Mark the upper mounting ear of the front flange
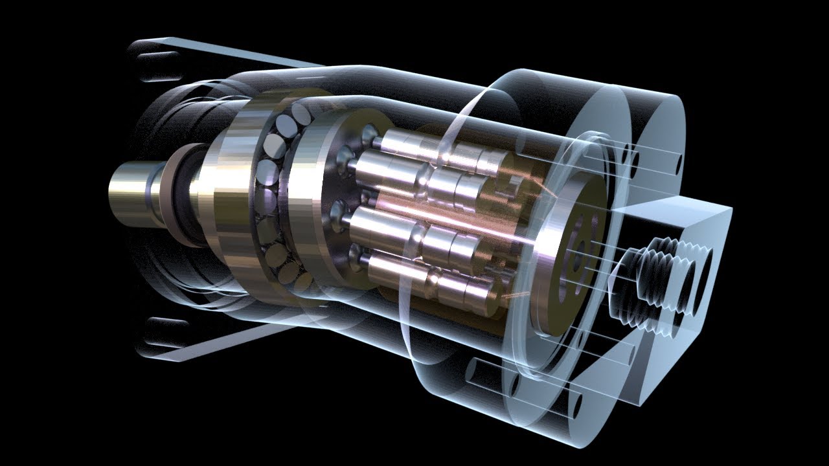click(x=155, y=58)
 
